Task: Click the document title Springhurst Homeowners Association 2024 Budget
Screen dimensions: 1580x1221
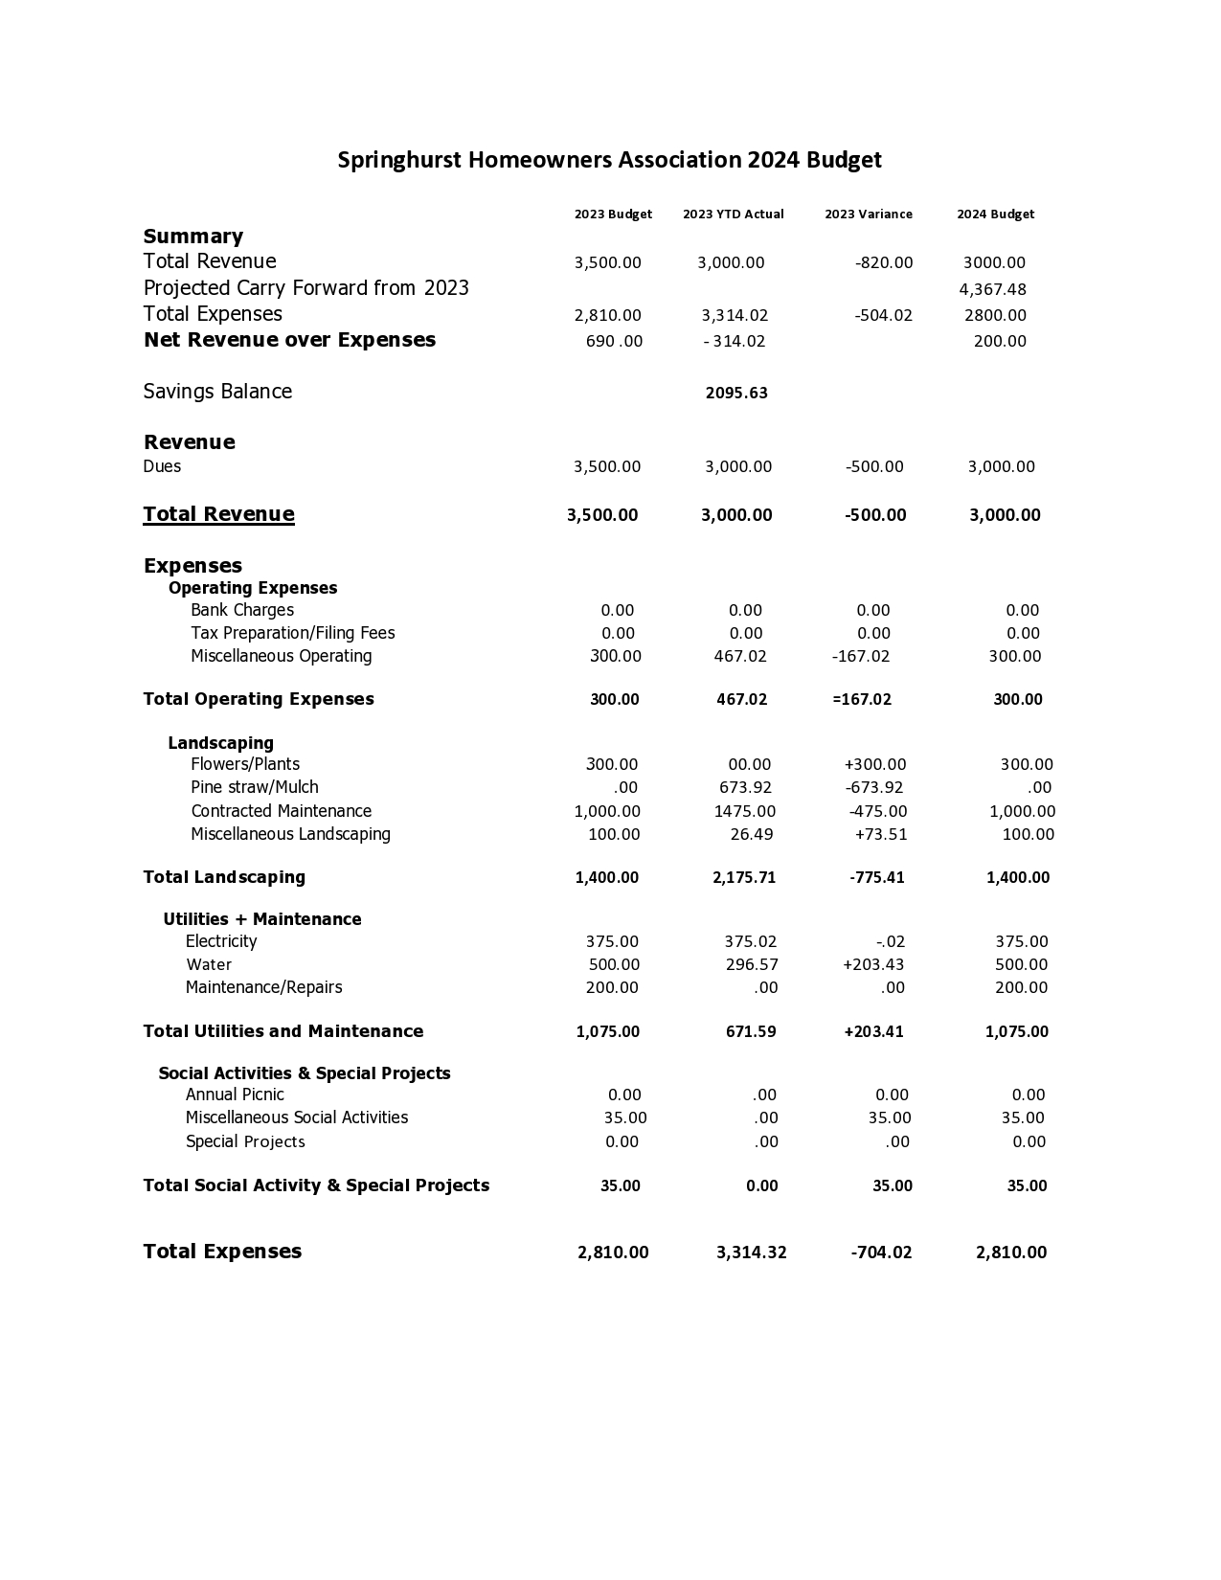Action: click(x=609, y=160)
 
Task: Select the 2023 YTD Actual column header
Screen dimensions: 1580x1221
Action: click(x=733, y=214)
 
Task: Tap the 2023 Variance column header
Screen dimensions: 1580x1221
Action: click(x=868, y=214)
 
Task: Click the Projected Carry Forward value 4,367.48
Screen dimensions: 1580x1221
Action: click(x=992, y=289)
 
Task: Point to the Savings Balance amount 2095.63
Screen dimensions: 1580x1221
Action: click(x=736, y=393)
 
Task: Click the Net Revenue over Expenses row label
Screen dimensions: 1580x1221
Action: click(x=289, y=340)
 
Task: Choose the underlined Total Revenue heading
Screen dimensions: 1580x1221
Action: click(x=218, y=514)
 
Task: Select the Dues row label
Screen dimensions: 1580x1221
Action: click(x=162, y=466)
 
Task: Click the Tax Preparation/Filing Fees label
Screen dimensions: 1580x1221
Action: click(x=292, y=633)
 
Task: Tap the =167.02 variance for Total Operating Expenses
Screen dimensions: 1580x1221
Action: click(x=862, y=699)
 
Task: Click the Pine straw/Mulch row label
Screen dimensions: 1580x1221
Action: click(x=254, y=787)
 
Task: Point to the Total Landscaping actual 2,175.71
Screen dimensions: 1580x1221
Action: click(x=744, y=877)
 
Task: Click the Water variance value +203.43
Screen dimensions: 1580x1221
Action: click(x=872, y=964)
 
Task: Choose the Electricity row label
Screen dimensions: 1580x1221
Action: click(x=221, y=941)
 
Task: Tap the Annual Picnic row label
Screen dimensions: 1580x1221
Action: click(x=235, y=1095)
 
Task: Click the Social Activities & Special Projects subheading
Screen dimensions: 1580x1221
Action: click(x=305, y=1073)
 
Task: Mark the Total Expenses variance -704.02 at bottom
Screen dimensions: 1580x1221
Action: click(x=881, y=1253)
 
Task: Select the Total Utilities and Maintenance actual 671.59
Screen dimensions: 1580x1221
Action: click(x=751, y=1031)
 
